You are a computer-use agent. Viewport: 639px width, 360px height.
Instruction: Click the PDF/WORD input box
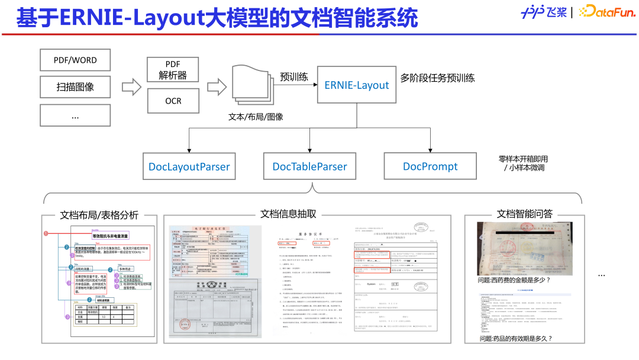pos(75,60)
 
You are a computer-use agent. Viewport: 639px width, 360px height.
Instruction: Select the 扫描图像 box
pos(75,86)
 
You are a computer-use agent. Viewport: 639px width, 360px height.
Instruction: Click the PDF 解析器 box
pos(173,69)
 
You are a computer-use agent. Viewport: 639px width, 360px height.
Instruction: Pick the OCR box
pos(173,101)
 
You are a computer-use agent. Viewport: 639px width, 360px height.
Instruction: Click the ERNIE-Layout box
pos(356,85)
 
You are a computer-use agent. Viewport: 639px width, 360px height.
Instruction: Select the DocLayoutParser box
pos(189,166)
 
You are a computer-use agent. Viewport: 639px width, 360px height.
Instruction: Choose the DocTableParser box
pos(309,166)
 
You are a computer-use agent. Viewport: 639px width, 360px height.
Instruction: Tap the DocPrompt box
pos(430,166)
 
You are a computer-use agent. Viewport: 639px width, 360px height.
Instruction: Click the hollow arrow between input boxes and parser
pos(131,86)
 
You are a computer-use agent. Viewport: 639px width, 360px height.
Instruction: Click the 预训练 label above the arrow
pos(293,77)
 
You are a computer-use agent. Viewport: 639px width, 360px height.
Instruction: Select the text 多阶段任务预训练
pos(437,78)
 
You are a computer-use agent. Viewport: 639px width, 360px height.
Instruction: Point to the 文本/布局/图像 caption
pos(256,117)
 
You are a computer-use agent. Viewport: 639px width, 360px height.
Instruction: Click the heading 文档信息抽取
pos(288,214)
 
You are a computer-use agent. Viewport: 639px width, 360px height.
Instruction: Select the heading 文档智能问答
pos(525,214)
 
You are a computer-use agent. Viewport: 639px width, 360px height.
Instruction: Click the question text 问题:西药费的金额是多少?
pos(514,280)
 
